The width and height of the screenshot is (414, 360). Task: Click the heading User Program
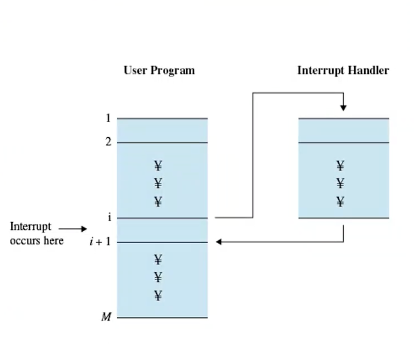pos(159,71)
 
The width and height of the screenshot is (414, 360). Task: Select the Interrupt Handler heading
pos(343,71)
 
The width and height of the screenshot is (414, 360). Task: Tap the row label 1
pos(108,118)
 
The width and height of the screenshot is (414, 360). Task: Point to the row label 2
pos(108,142)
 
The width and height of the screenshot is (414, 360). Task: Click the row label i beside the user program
pos(109,218)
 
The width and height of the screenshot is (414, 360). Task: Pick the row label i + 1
pos(100,242)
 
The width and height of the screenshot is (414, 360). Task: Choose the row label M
pos(107,317)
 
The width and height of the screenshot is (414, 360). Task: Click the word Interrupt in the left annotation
pos(31,227)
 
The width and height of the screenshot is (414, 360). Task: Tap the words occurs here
pos(37,241)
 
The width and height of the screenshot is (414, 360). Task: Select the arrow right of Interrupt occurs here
pos(73,229)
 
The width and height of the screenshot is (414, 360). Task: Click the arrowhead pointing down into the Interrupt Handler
pos(343,108)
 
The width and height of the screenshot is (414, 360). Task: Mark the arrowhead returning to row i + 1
pos(219,242)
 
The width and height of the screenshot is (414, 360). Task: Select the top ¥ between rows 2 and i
pos(158,165)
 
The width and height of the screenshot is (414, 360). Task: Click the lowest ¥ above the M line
pos(158,296)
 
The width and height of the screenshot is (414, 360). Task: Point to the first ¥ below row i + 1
pos(158,259)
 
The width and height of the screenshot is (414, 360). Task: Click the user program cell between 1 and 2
pos(162,131)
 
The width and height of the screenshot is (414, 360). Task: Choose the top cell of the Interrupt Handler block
pos(343,131)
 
